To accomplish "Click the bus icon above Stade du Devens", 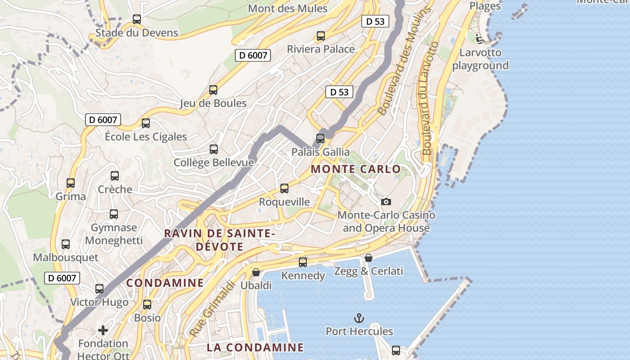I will point(137,19).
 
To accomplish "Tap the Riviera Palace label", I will point(321,49).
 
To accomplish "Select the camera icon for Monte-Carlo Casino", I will point(386,202).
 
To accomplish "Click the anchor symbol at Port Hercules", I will point(359,319).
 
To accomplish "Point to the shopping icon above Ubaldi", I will point(256,272).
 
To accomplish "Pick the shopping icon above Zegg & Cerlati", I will point(369,258).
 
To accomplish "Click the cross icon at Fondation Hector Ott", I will point(103,330).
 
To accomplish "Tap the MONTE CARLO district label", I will point(355,169).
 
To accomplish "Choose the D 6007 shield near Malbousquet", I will point(62,278).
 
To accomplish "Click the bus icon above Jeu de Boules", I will point(213,90).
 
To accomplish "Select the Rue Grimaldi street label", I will point(212,309).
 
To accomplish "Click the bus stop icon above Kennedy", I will point(303,262).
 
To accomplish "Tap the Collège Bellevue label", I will point(214,162).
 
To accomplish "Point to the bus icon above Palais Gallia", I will point(320,138).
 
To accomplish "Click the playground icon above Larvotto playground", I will point(480,39).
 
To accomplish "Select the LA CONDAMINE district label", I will point(255,347).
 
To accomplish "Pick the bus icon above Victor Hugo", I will point(99,289).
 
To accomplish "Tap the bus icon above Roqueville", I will point(284,189).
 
